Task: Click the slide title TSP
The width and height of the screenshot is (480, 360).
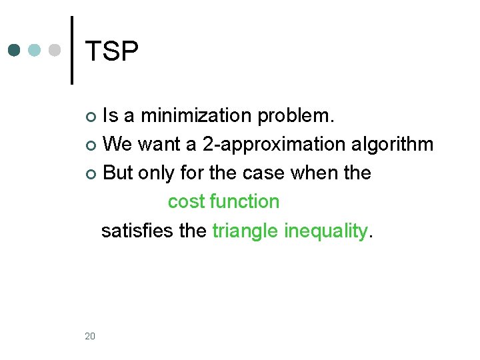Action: [112, 51]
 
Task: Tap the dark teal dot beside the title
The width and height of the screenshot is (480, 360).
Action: [15, 50]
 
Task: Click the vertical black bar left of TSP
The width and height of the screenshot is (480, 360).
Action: [72, 50]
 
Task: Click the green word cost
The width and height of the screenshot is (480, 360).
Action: [186, 201]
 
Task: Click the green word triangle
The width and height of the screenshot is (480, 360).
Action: [245, 231]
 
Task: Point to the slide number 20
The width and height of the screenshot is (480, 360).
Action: [90, 335]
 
